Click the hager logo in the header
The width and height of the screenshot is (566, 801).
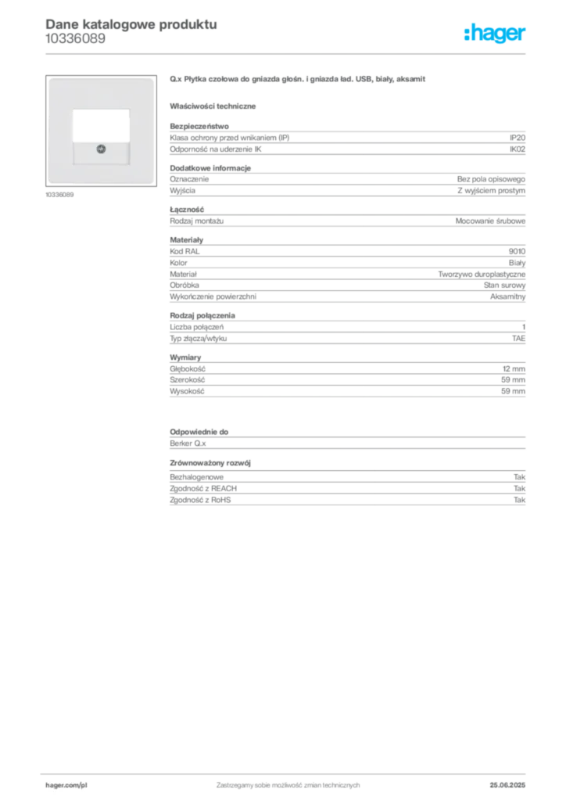(495, 33)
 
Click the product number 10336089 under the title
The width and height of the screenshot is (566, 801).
(76, 39)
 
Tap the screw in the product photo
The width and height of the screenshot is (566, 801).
(101, 149)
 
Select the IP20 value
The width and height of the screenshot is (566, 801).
(517, 138)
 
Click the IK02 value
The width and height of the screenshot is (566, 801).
(517, 149)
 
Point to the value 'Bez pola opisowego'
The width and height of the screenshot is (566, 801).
(491, 179)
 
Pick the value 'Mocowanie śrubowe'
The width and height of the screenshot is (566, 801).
(490, 221)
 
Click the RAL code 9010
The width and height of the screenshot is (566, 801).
(517, 251)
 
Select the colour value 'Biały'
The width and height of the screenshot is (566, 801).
(517, 263)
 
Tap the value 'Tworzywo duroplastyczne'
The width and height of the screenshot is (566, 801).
(482, 275)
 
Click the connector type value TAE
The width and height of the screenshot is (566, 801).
(518, 338)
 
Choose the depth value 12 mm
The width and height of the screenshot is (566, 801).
(514, 369)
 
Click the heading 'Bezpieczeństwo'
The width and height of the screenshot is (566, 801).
(199, 126)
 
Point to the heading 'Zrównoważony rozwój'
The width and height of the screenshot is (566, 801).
(210, 463)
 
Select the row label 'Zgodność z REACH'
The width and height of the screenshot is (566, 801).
(203, 488)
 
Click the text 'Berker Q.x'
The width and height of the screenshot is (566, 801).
(188, 444)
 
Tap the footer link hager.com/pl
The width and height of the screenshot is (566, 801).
(66, 785)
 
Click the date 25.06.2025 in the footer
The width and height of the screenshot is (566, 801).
(507, 785)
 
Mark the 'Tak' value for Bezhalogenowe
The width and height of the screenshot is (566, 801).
(519, 477)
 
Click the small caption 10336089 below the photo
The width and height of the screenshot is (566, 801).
(59, 195)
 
